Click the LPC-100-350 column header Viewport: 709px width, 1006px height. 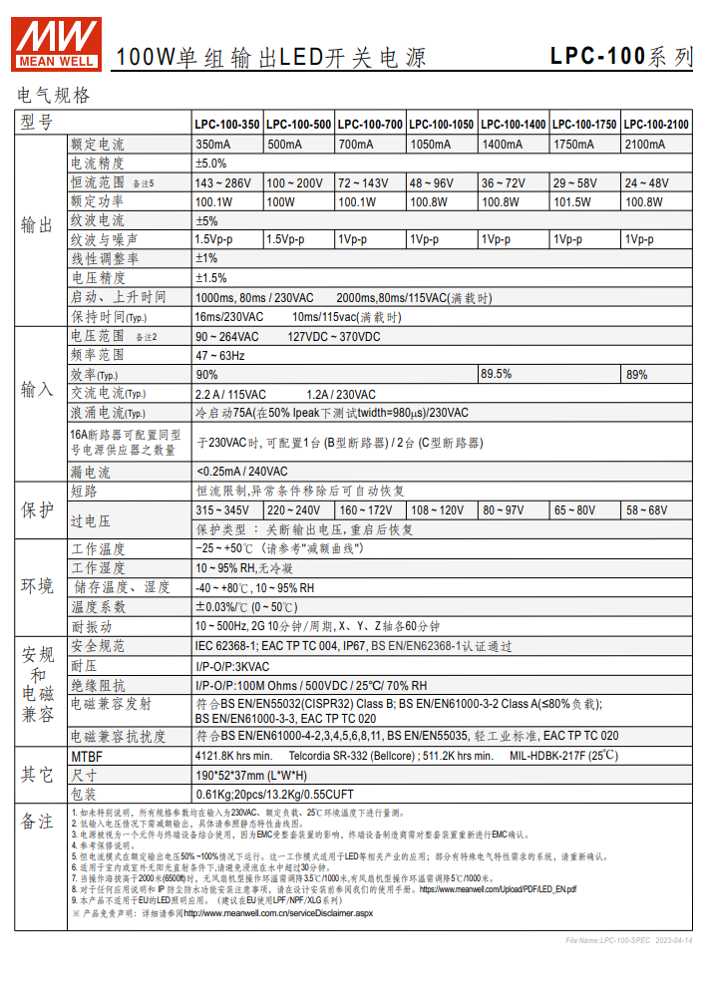pos(227,125)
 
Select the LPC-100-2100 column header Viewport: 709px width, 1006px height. pos(656,125)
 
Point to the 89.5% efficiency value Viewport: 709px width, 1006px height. pos(497,375)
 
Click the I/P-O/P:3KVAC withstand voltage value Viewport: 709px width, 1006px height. pos(232,667)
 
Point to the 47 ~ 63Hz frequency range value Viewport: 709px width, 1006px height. pos(220,356)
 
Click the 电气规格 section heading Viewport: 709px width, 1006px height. pos(54,96)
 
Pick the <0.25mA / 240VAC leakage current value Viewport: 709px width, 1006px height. pos(241,472)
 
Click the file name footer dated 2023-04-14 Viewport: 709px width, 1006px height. pos(628,940)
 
